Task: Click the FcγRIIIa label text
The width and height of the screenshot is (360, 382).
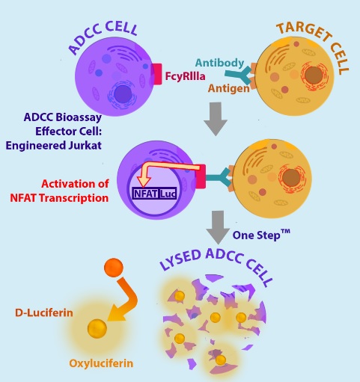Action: [x=185, y=76]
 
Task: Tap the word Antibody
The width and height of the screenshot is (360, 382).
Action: [x=219, y=63]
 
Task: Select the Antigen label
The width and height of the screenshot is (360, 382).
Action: [x=229, y=88]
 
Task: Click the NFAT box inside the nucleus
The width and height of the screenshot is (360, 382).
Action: [x=145, y=194]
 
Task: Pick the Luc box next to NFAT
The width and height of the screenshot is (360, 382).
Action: [x=168, y=194]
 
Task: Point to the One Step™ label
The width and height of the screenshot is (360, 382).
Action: [x=261, y=235]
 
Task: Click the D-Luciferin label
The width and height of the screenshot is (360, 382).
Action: [x=44, y=312]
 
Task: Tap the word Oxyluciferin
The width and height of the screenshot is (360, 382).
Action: [x=101, y=363]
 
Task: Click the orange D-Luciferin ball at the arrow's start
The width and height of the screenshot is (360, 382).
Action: [x=114, y=268]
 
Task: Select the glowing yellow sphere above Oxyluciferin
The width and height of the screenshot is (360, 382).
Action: [x=97, y=329]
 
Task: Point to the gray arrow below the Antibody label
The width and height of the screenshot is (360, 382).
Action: [x=216, y=119]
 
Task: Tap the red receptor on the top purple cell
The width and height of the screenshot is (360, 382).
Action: [x=156, y=74]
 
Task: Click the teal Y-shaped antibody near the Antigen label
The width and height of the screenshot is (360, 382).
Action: [x=239, y=75]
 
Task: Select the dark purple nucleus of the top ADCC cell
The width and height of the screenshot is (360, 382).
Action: [x=123, y=94]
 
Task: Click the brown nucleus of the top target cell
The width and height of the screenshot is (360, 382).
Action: [x=314, y=75]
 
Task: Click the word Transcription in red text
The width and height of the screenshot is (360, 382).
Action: [x=74, y=198]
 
